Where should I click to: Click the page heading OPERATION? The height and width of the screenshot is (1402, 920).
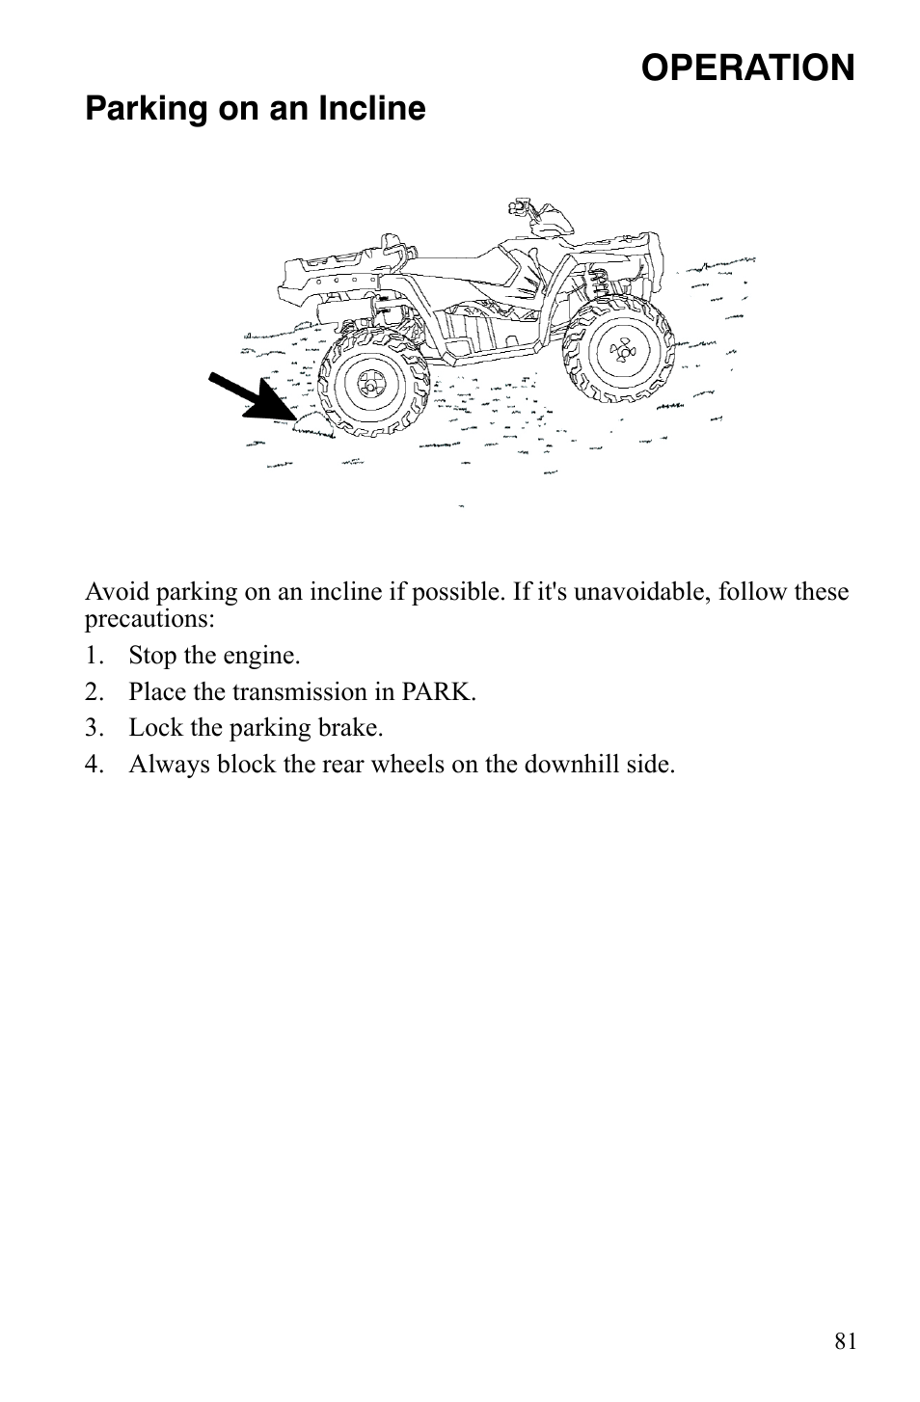(x=747, y=67)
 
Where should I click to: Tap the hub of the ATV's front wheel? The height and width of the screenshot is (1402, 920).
(x=623, y=353)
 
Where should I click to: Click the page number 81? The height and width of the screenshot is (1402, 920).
(x=845, y=1340)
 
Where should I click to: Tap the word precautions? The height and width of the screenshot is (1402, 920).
(x=149, y=617)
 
